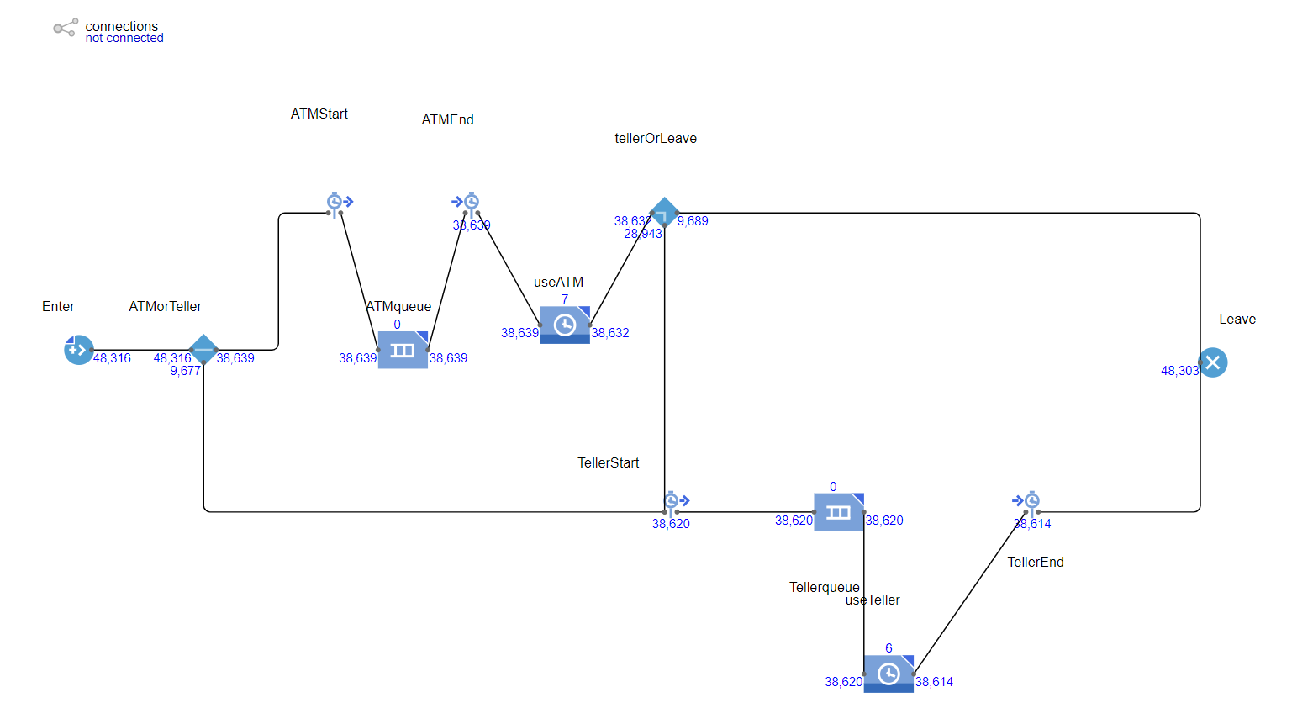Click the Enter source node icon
pos(78,350)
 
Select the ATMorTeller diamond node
pos(203,349)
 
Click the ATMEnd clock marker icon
pos(467,202)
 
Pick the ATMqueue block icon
pos(403,350)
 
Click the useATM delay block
pos(565,325)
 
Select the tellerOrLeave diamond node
pos(664,213)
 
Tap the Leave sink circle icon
pos(1212,362)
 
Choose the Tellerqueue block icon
pos(838,512)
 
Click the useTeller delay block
pos(889,674)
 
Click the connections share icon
pos(65,28)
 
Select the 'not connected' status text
pos(124,39)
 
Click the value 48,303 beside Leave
pos(1179,371)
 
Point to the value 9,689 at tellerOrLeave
pos(693,221)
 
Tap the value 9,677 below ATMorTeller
pos(185,371)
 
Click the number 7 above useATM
pos(565,299)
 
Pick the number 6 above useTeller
pos(889,648)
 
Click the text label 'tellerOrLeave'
pos(656,139)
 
